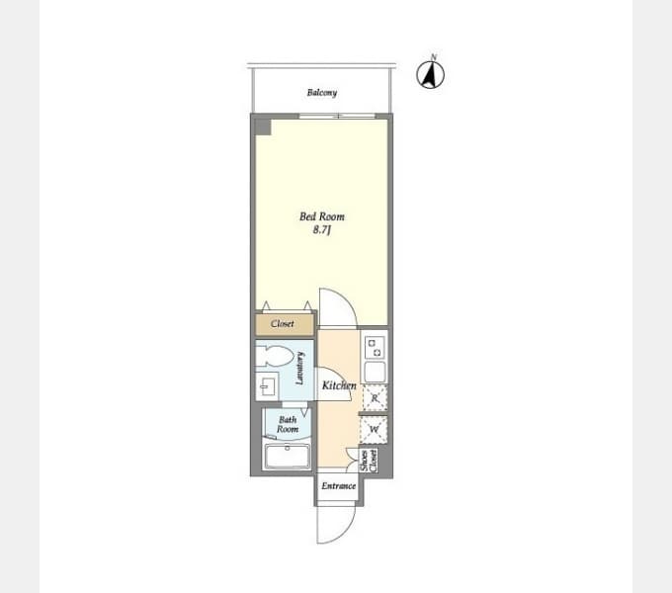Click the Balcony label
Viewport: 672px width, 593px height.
322,93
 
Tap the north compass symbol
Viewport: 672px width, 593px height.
431,74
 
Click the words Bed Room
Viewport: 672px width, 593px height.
322,216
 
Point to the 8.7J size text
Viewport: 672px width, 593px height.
322,230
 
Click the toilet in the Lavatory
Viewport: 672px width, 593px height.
275,357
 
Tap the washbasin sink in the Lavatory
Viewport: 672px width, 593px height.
267,386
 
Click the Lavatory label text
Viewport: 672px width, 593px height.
300,368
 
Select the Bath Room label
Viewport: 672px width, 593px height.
288,424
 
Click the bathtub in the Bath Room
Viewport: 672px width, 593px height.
288,456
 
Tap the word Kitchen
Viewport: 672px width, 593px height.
339,385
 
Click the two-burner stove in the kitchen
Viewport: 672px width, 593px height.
375,348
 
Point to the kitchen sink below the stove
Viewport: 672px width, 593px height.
375,372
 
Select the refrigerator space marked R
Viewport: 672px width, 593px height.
375,398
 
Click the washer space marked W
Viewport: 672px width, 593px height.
375,429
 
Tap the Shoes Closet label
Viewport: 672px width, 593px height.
369,461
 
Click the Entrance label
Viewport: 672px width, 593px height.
339,486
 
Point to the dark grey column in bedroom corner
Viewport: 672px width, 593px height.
263,127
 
